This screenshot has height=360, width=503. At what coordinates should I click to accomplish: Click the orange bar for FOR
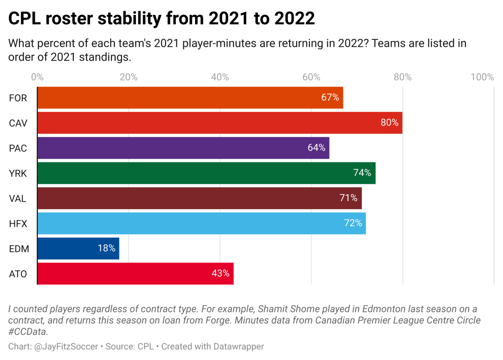point(190,98)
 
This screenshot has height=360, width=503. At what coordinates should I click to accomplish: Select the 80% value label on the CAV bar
point(389,123)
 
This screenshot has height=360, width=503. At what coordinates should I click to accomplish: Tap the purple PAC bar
point(183,148)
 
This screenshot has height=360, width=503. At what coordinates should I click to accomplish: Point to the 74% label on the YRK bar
point(362,173)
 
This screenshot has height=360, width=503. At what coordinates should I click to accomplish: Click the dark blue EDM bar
point(78,248)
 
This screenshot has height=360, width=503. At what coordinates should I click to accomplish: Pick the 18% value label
point(106,248)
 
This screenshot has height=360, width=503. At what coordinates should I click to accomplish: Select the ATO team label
point(18,274)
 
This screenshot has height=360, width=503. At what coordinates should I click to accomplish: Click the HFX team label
point(18,224)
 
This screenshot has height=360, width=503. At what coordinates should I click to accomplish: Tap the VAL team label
point(18,198)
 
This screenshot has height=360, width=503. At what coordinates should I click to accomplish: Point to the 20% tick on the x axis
point(129,77)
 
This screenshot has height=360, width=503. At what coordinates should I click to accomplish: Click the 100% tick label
point(482,77)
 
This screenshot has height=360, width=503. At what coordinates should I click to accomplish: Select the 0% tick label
point(37,77)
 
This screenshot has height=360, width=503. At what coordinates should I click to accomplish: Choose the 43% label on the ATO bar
point(220,274)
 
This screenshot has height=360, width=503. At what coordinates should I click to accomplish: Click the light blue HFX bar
point(201,223)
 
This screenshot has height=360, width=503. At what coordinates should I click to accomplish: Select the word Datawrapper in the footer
point(238,346)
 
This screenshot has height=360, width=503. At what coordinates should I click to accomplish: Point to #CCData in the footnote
point(28,332)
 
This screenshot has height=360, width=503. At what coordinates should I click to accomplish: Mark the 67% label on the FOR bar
point(330,97)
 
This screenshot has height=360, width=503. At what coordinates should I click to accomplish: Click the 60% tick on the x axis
point(311,77)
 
